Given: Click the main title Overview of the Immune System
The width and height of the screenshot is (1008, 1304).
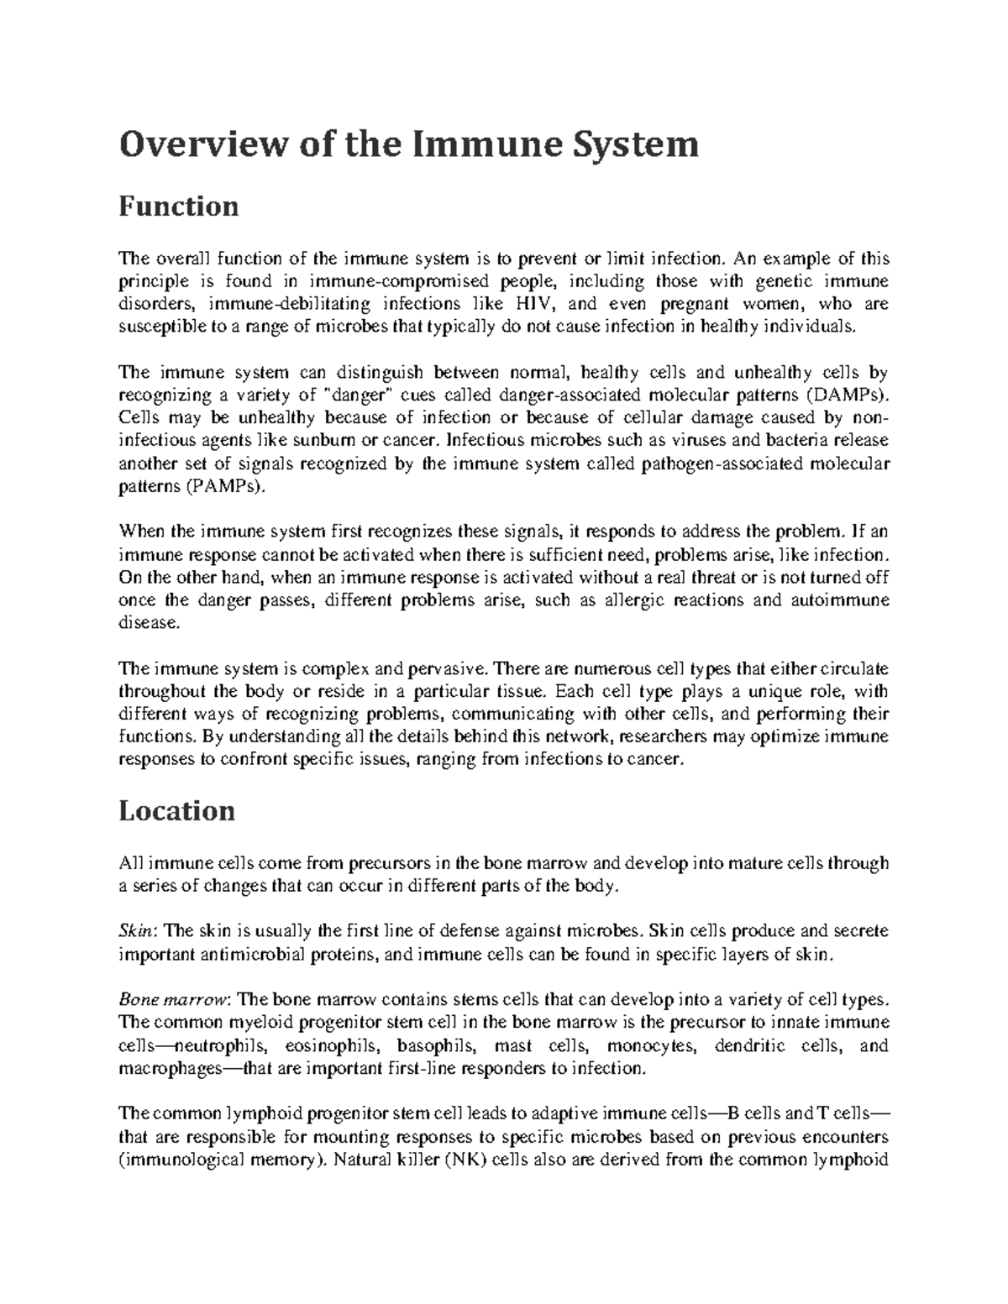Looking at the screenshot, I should tap(408, 144).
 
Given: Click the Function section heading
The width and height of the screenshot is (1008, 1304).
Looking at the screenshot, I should tap(178, 206).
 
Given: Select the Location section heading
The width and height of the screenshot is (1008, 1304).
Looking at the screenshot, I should tap(176, 810).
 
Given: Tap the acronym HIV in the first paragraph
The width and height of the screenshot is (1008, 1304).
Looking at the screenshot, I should tap(527, 303).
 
